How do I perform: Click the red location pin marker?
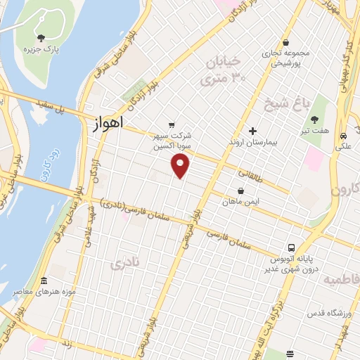click(181, 166)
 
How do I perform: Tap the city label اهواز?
click(108, 122)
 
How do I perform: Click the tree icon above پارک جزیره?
click(41, 38)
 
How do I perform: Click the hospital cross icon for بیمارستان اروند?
click(253, 131)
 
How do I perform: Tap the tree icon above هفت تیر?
click(314, 120)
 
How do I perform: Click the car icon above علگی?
click(343, 136)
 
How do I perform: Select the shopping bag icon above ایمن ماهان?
click(241, 191)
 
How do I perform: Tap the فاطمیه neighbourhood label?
click(340, 280)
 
